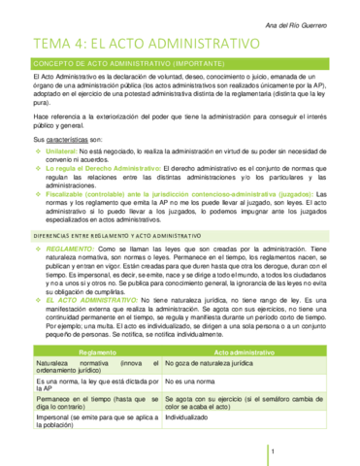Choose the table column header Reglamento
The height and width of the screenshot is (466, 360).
click(x=98, y=351)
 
